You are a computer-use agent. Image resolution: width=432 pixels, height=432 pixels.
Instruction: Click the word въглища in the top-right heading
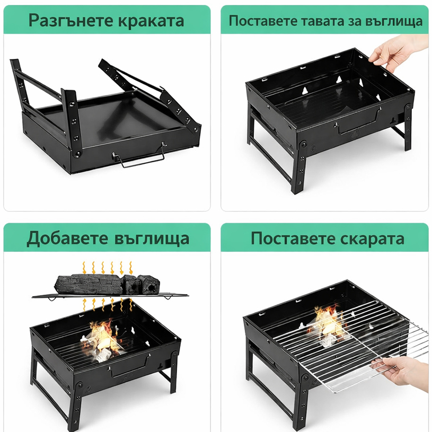pos(394,22)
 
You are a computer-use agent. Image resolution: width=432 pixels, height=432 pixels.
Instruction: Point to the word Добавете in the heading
pos(67,239)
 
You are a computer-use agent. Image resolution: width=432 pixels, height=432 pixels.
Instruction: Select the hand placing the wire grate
pos(401,372)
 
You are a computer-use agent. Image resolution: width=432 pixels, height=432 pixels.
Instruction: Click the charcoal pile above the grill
pos(107,284)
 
